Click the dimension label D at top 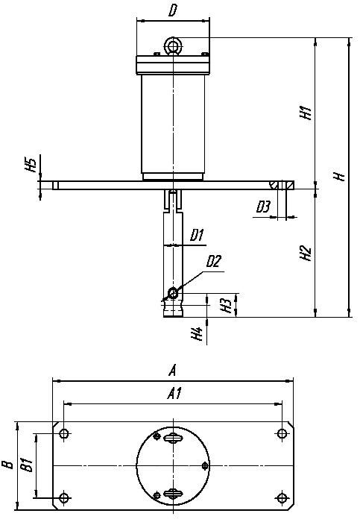coord(172,10)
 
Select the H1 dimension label coord(306,113)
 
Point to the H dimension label coord(340,176)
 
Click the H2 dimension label coord(306,253)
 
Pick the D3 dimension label coord(263,207)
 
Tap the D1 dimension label coord(197,236)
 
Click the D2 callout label coord(213,261)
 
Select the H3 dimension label coord(227,305)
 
